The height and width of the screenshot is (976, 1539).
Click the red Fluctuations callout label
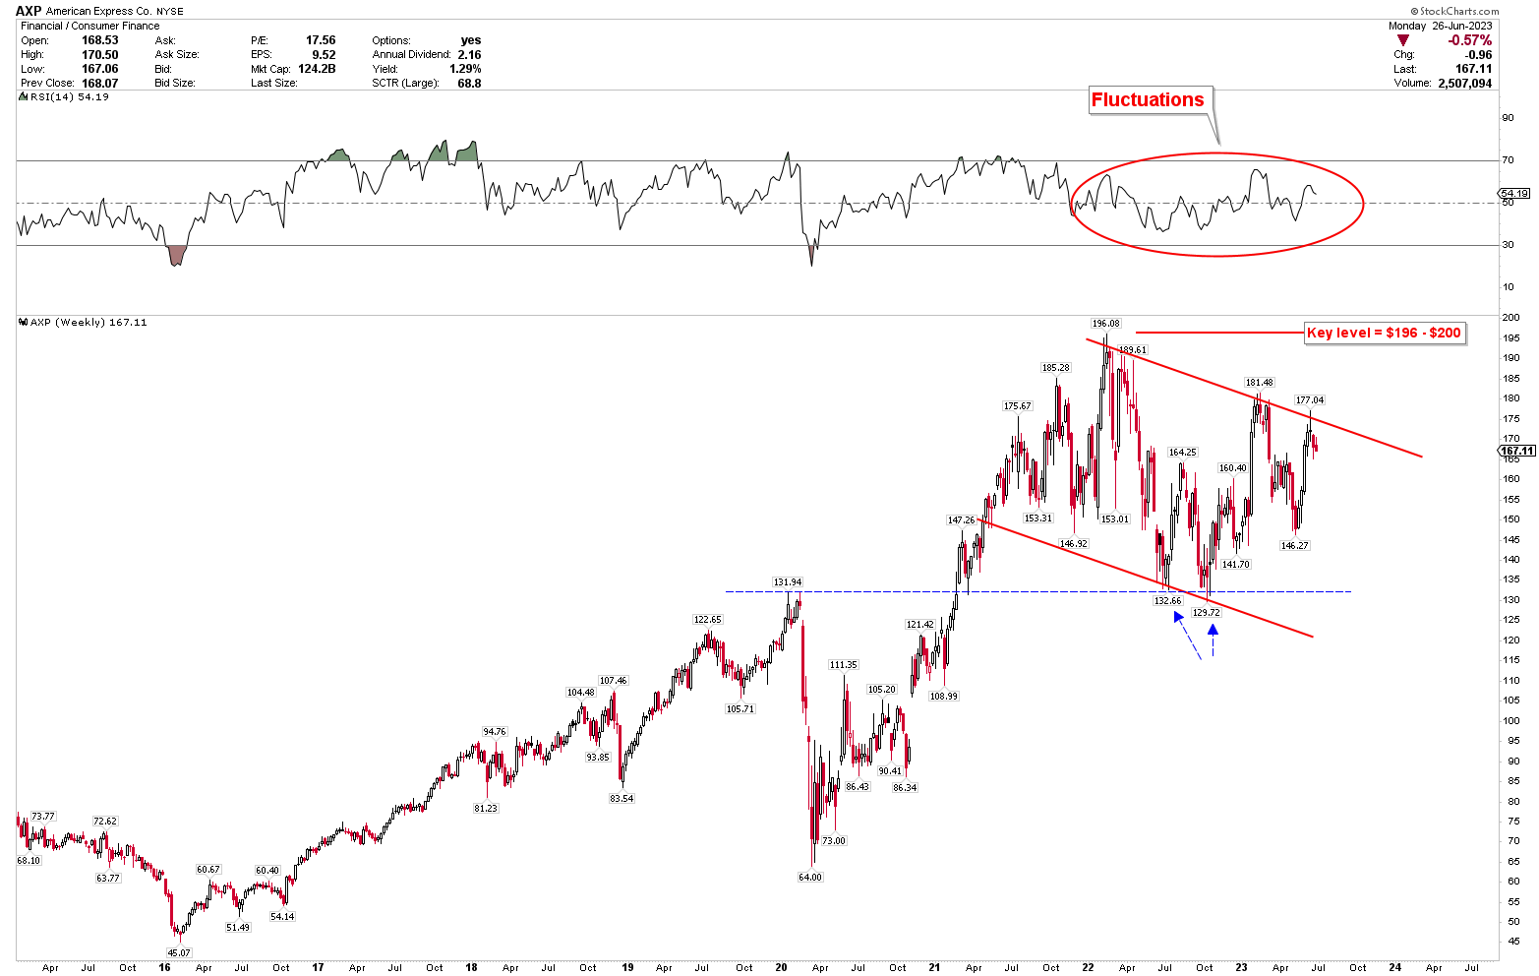coord(1148,99)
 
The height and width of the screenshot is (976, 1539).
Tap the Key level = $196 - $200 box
coord(1384,333)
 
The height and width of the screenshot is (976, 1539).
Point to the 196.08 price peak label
coord(1105,323)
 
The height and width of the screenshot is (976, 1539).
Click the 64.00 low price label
coord(809,877)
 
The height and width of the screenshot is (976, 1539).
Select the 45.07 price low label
coord(179,952)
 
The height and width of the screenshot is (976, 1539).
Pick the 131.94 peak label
coord(788,581)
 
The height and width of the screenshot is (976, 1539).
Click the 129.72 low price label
coord(1206,612)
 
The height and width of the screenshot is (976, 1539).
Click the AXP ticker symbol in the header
coord(29,10)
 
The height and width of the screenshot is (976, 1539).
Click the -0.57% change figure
coord(1469,40)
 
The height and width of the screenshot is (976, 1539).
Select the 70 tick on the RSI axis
coord(1507,159)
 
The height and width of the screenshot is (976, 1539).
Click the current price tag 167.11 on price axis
coord(1516,452)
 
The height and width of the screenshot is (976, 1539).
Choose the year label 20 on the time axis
coord(781,967)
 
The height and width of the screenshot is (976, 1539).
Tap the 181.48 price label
coord(1259,382)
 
